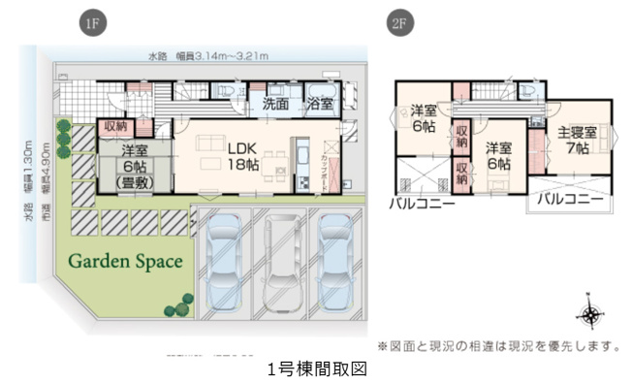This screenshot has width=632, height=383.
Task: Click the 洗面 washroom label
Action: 277,103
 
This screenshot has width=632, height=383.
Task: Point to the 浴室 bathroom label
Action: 320,103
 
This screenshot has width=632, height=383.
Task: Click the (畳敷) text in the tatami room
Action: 135,182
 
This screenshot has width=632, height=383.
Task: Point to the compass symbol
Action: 588,315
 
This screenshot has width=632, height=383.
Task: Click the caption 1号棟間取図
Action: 316,369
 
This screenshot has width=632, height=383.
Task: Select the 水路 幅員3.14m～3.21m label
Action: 208,55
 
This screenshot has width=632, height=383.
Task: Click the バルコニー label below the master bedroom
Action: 572,198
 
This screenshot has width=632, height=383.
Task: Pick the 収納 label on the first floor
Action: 115,126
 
